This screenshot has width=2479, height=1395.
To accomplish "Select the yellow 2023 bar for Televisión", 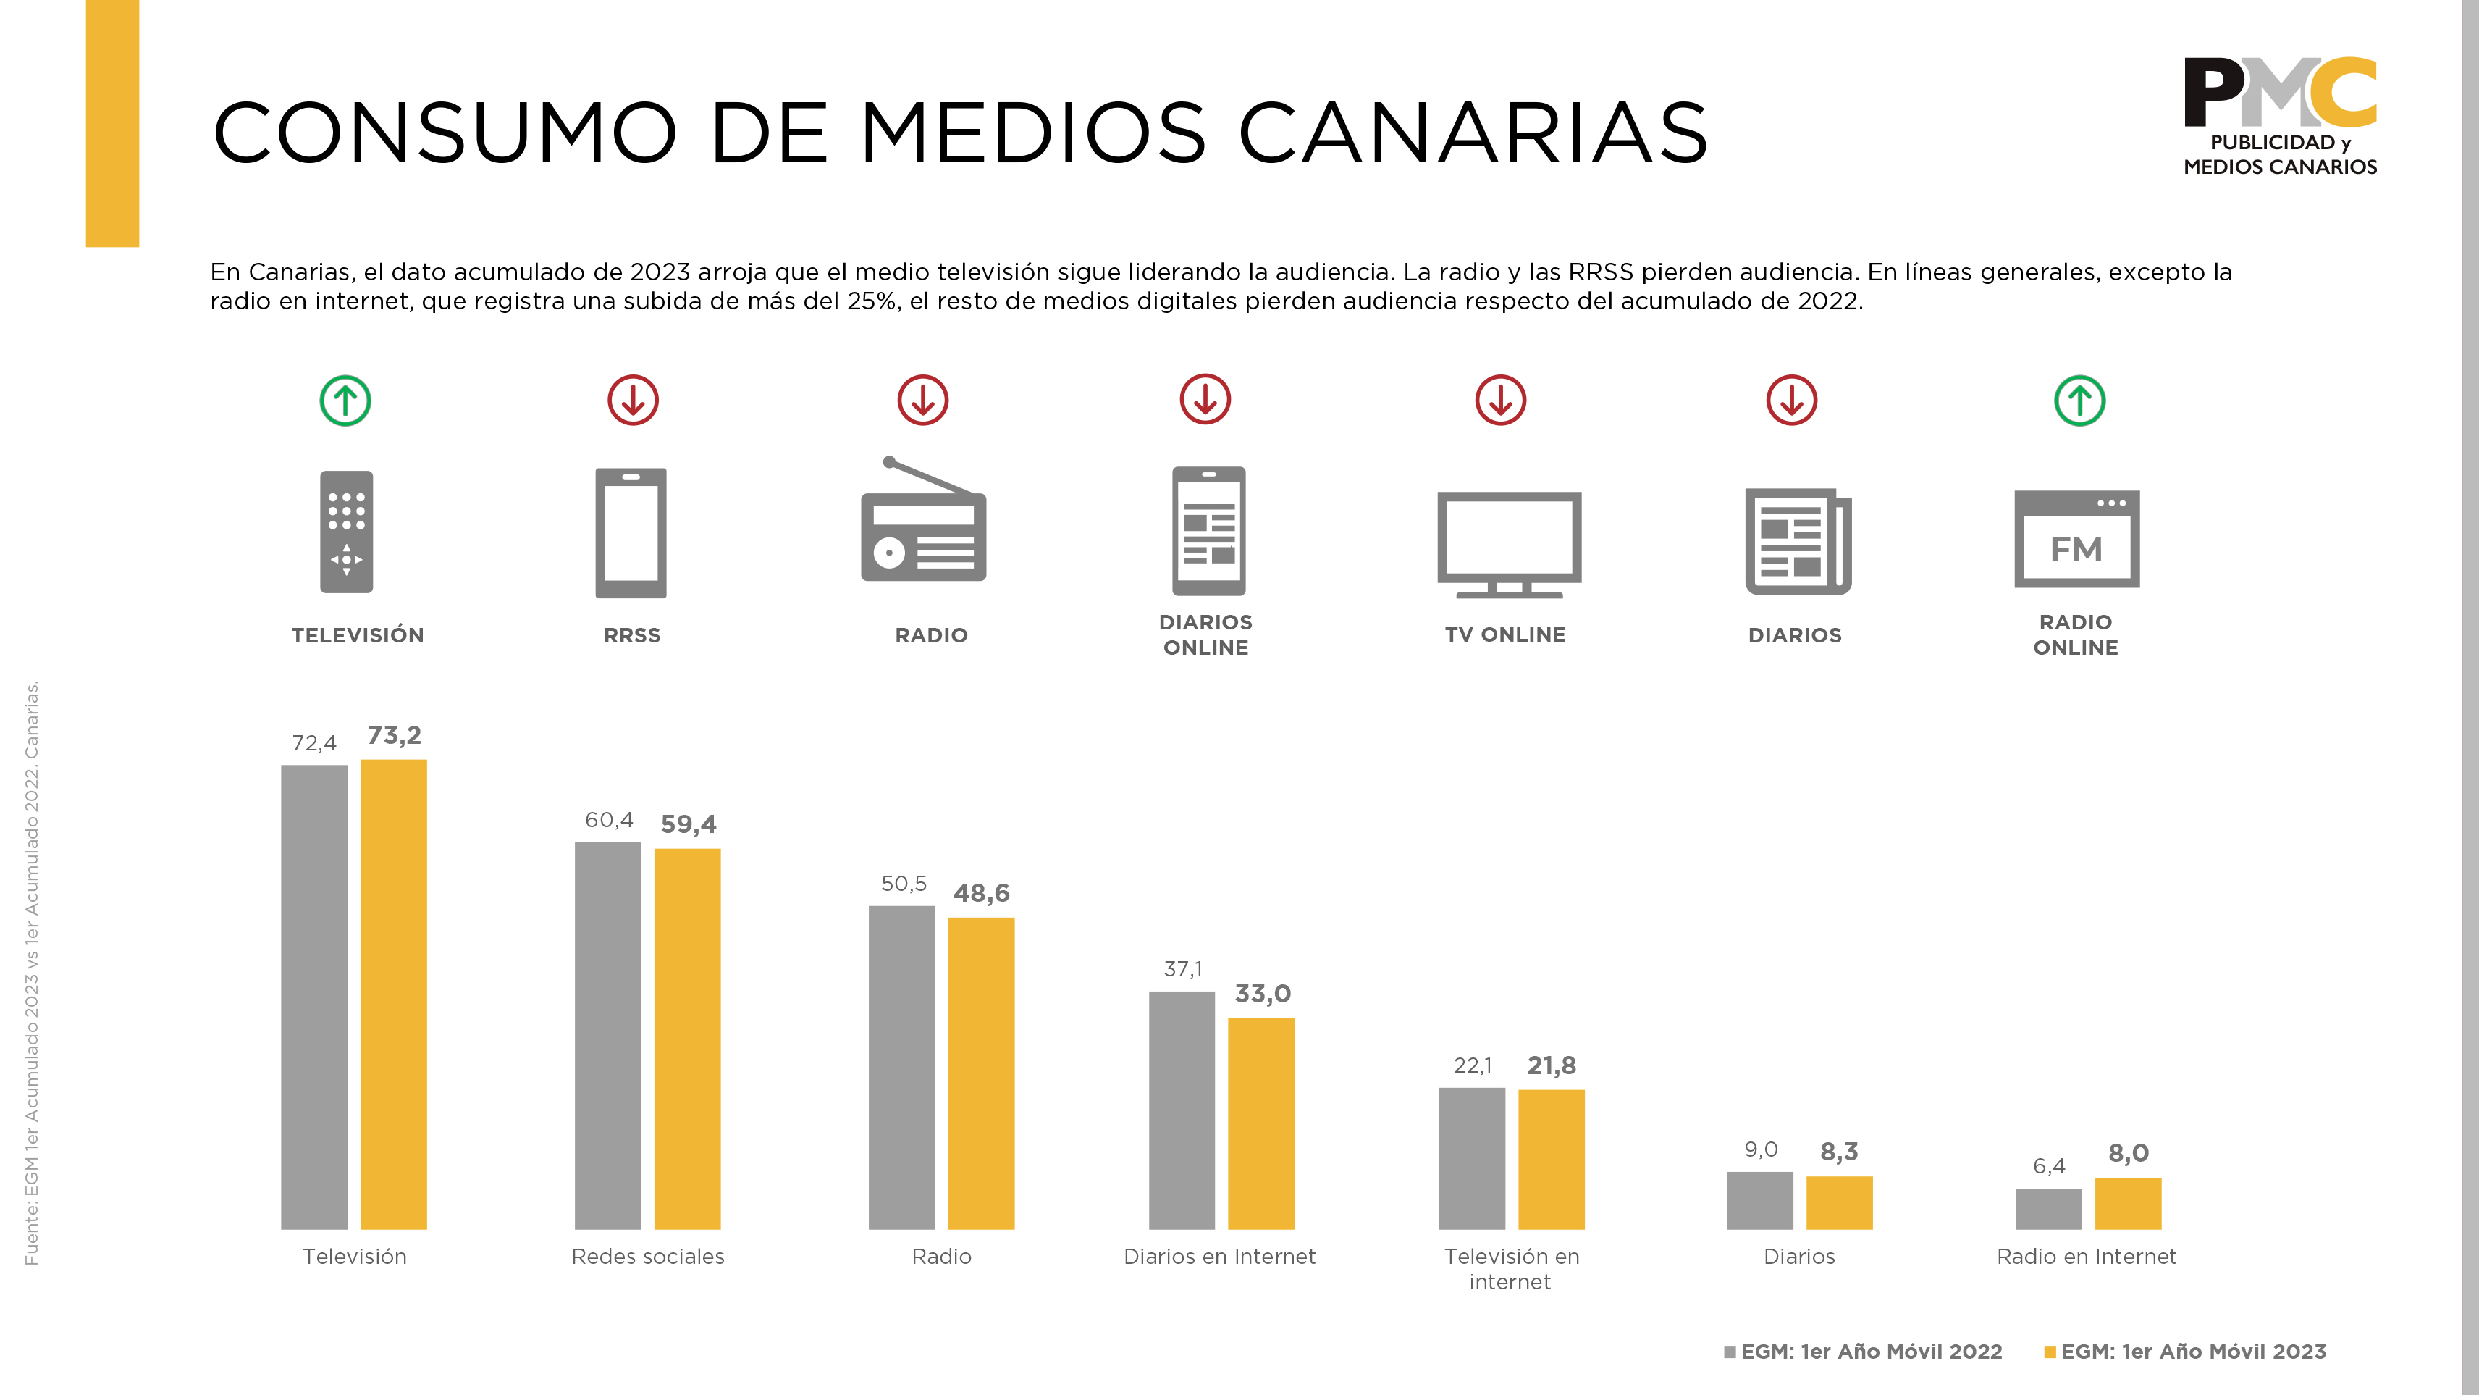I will pyautogui.click(x=394, y=994).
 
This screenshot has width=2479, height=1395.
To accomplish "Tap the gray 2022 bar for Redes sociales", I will pyautogui.click(x=607, y=1035).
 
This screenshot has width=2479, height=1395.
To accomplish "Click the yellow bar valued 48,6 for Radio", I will pyautogui.click(x=980, y=1073).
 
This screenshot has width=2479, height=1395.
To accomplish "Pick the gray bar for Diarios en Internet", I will pyautogui.click(x=1181, y=1110).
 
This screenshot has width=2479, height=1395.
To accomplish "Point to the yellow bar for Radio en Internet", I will pyautogui.click(x=2128, y=1202).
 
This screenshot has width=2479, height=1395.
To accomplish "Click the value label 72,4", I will pyautogui.click(x=313, y=743).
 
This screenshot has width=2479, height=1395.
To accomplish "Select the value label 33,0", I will pyautogui.click(x=1263, y=994).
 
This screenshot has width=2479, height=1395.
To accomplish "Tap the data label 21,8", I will pyautogui.click(x=1552, y=1065).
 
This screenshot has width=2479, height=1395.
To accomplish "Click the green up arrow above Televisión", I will pyautogui.click(x=345, y=401).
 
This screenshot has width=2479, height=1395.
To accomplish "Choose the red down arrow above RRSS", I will pyautogui.click(x=634, y=401).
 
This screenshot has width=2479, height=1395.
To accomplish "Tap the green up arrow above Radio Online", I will pyautogui.click(x=2079, y=401).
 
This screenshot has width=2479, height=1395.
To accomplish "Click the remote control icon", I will pyautogui.click(x=347, y=532).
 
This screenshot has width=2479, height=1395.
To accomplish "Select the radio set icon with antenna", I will pyautogui.click(x=923, y=521).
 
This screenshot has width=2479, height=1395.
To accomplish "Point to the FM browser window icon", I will pyautogui.click(x=2076, y=539).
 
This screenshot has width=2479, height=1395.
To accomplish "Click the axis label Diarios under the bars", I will pyautogui.click(x=1798, y=1257).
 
